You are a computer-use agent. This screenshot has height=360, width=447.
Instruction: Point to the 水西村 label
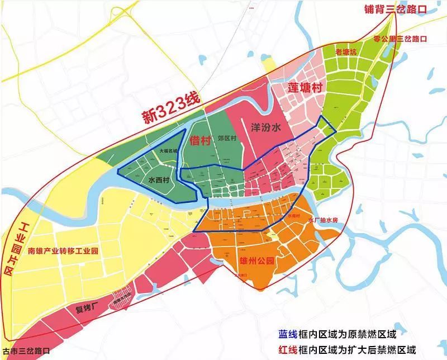coord(160,181)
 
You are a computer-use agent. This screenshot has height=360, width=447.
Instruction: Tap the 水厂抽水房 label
coord(323,220)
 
